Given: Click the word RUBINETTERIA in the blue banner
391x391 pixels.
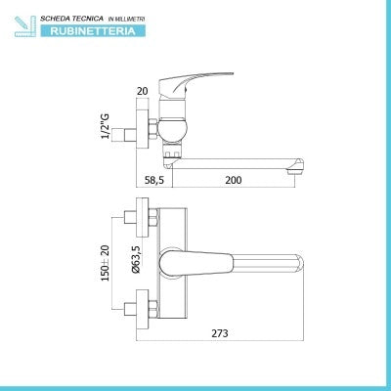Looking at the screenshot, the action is point(93,31).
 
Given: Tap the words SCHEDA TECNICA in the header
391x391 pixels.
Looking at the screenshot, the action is point(71,19).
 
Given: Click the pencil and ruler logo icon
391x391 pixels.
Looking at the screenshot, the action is point(25,26).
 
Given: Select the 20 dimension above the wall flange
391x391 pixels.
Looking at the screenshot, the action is point(143,91).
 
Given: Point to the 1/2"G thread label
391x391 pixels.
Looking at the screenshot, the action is point(106,126).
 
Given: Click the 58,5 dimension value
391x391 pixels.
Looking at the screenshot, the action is point(154,180).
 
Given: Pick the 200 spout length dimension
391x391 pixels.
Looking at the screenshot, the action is point(234,180).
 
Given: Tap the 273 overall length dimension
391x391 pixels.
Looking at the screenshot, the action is point(220,333).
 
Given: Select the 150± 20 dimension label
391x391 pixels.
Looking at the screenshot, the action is point(106,263).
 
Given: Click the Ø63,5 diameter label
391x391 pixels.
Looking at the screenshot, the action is point(136,259).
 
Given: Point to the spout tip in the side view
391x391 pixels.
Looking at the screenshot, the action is point(296,164).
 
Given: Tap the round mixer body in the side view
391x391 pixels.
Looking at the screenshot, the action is point(172,129).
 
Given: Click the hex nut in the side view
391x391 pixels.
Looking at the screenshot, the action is point(152,128).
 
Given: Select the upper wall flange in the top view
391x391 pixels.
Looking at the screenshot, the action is point(143,217).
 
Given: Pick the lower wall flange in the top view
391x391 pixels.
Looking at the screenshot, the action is point(143,309).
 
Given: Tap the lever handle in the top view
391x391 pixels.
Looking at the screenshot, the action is point(196,263).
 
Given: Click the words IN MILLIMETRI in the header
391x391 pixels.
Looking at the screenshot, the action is point(126,20).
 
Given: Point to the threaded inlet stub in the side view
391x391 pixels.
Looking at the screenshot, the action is point(123,135).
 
